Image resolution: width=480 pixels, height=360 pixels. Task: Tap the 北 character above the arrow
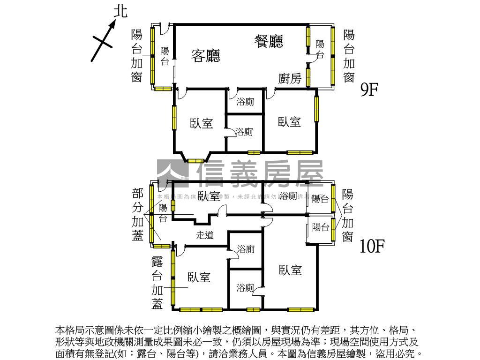[x=120, y=11]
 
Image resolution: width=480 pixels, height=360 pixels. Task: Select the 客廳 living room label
[x=206, y=56]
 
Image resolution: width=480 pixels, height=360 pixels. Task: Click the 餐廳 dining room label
[x=269, y=42]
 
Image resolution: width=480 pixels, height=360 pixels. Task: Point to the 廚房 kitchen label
[x=290, y=79]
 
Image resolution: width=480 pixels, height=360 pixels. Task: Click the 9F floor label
[x=369, y=90]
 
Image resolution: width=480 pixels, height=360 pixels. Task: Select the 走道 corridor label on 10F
[x=205, y=235]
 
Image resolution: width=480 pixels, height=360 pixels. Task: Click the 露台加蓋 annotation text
[x=157, y=283]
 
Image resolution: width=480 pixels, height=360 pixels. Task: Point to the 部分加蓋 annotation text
[x=138, y=215]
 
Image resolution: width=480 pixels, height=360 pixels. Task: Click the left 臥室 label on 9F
[x=202, y=123]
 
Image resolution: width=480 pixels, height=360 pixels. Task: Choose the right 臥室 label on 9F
[x=289, y=122]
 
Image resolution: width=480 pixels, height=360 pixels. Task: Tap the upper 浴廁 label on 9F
[x=245, y=101]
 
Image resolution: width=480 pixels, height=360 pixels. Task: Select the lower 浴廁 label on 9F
[x=244, y=132]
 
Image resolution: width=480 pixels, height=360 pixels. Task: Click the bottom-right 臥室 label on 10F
[x=290, y=270]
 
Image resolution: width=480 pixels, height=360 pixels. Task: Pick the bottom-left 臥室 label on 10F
[x=199, y=277]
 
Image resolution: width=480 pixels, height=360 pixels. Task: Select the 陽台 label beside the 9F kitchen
[x=320, y=49]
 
